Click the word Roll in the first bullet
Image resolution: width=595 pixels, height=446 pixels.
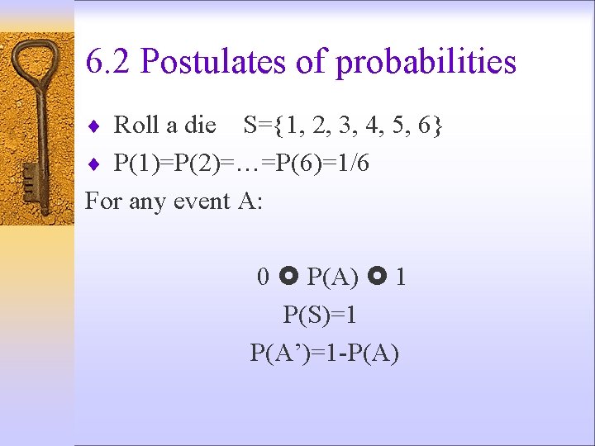tap(136, 126)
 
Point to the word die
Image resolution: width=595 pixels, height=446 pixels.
tap(200, 126)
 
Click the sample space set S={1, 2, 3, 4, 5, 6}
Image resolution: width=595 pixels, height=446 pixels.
tap(343, 126)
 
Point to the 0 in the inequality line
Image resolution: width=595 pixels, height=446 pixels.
tap(263, 277)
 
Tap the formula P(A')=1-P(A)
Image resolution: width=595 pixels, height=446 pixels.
tap(324, 353)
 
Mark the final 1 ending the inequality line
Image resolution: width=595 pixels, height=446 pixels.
tap(400, 277)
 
